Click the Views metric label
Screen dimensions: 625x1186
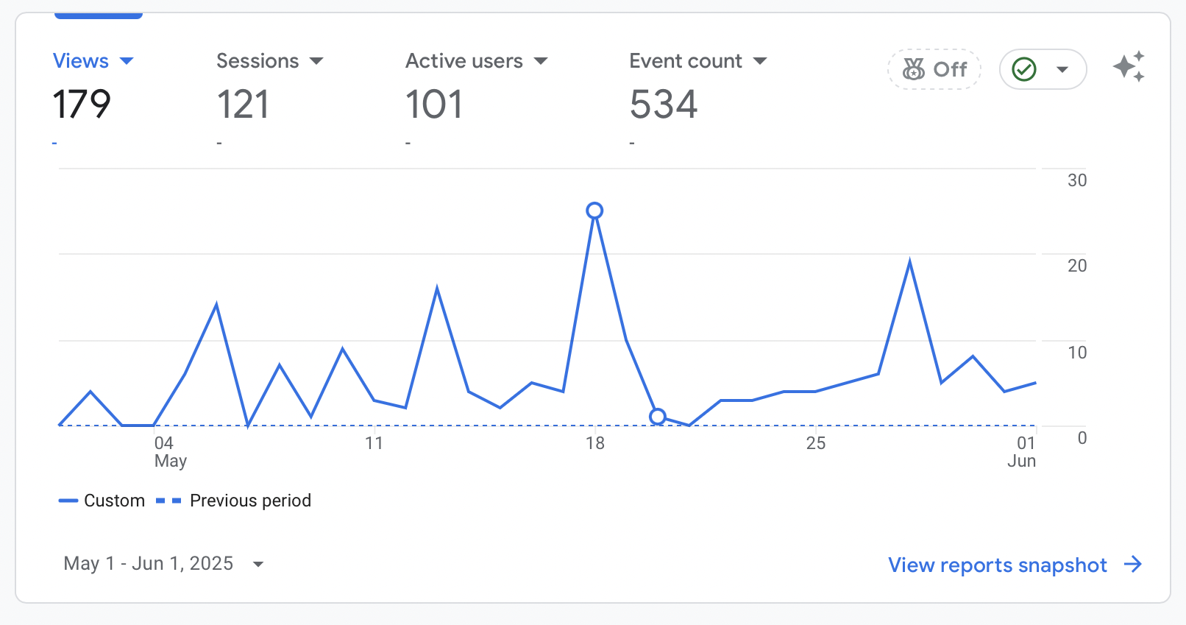pyautogui.click(x=81, y=61)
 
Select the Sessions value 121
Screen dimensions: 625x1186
pyautogui.click(x=243, y=105)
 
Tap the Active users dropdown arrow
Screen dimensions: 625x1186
pyautogui.click(x=541, y=61)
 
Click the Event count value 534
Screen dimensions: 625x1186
pyautogui.click(x=663, y=105)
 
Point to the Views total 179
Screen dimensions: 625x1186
pyautogui.click(x=82, y=105)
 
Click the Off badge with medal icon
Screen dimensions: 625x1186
pyautogui.click(x=934, y=69)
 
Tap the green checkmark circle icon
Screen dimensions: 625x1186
pyautogui.click(x=1024, y=69)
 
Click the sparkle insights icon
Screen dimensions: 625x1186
pyautogui.click(x=1129, y=67)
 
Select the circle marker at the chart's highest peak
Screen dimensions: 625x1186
pyautogui.click(x=594, y=211)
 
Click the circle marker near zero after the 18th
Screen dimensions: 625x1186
pyautogui.click(x=658, y=417)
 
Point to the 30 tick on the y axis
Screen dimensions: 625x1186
pyautogui.click(x=1077, y=180)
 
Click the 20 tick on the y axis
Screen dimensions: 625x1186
pyautogui.click(x=1077, y=266)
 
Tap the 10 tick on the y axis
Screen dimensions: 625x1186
pyautogui.click(x=1077, y=353)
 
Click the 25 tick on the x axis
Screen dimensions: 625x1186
pyautogui.click(x=815, y=443)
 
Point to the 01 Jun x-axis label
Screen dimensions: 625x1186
pyautogui.click(x=1022, y=451)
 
